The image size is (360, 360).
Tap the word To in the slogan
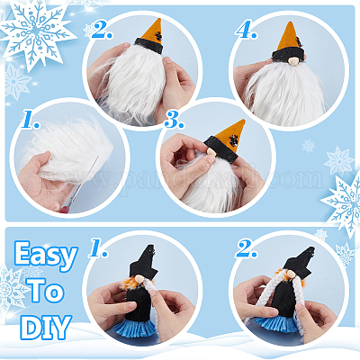tap(46, 291)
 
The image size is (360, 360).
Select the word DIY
tap(47, 327)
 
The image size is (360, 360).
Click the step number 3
tap(174, 121)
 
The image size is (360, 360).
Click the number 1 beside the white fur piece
tap(31, 119)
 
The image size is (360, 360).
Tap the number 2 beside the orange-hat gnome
tap(102, 30)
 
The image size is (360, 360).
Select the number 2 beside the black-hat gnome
tap(247, 248)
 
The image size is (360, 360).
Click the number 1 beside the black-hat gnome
tap(98, 248)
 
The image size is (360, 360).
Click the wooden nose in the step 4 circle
tap(292, 61)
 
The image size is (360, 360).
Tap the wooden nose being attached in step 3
tap(211, 151)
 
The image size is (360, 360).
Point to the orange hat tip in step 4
tap(290, 23)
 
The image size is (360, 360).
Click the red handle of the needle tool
tap(64, 210)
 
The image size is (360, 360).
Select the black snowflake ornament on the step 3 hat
tap(233, 140)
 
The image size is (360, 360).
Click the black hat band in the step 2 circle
tap(148, 45)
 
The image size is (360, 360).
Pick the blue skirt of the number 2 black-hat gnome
tap(274, 322)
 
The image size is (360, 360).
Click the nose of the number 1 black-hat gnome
tap(139, 279)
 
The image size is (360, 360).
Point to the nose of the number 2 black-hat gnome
tap(291, 274)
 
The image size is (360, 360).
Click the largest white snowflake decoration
tap(35, 31)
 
